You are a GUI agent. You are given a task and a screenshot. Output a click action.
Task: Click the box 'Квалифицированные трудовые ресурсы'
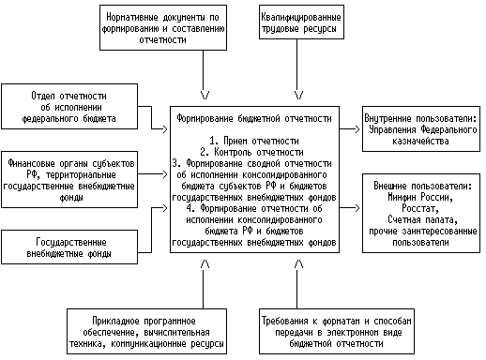pos(299,24)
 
